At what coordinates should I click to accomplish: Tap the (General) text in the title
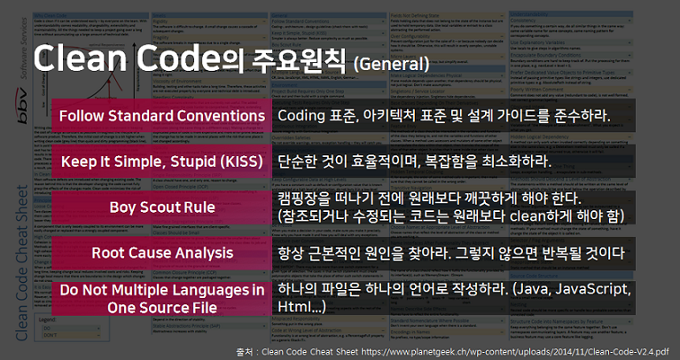pos(391,64)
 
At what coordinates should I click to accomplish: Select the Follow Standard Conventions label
pos(161,116)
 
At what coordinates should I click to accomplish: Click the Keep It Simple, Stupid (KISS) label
pos(161,161)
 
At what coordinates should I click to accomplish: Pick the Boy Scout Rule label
pos(161,207)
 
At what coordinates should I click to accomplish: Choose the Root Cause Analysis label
pos(161,254)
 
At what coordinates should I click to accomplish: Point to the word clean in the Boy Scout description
pos(514,216)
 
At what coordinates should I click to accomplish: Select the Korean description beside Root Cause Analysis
pos(452,254)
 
